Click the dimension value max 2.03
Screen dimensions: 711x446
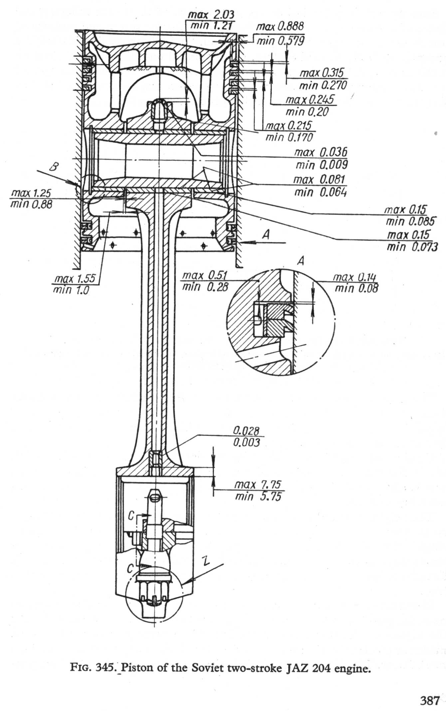point(211,15)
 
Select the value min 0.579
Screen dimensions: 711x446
point(280,41)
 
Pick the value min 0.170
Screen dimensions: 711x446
point(289,137)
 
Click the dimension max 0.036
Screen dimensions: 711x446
point(321,153)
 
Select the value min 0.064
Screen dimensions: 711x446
point(321,192)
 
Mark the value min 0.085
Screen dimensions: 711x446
point(410,221)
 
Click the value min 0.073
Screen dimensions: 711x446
point(412,247)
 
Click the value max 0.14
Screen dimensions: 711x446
point(355,277)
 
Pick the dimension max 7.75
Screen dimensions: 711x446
point(258,484)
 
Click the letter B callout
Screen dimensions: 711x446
point(53,167)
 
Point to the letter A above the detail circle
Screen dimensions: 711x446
point(301,261)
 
